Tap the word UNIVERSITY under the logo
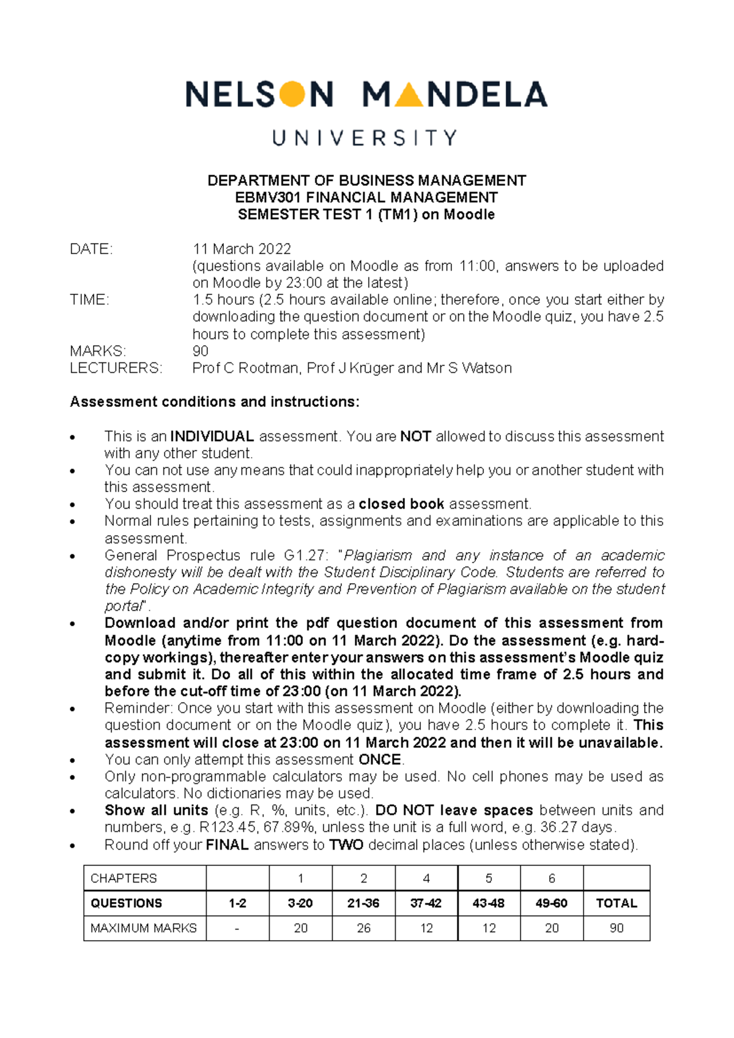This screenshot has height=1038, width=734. pos(365,138)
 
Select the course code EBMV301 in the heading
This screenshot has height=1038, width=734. pos(268,198)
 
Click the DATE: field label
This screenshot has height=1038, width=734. pos(91,249)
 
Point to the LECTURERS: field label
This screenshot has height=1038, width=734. pos(116,368)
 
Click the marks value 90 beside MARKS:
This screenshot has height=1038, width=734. pos(200,351)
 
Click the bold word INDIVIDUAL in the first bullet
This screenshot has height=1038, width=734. pos(212,436)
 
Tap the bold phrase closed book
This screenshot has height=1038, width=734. pos(401,504)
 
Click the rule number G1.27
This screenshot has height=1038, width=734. pos(302,555)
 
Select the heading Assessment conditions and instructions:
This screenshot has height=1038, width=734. pos(215,402)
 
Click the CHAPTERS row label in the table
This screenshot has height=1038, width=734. pos(124,878)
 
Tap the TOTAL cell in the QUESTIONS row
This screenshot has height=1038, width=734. pos(616,903)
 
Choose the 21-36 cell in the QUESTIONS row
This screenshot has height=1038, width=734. pos(363,903)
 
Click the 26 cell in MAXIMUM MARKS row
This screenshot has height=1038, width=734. pos(363,928)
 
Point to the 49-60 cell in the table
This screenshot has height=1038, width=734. pos(551,903)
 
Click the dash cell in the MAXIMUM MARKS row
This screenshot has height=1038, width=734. pos(237,928)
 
